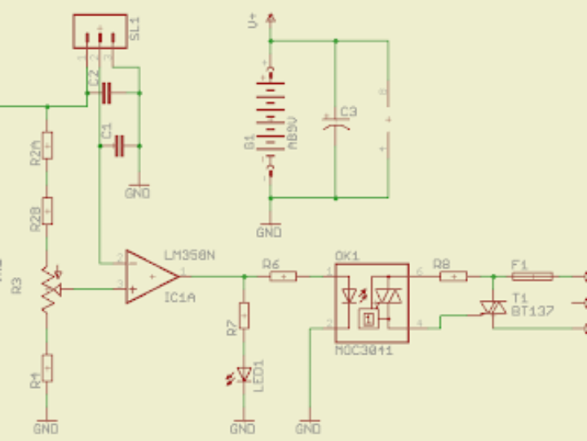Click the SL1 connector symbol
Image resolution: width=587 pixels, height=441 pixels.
click(x=99, y=32)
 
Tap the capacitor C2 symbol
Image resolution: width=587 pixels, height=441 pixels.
click(x=107, y=94)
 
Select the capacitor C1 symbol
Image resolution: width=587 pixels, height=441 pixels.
click(x=120, y=147)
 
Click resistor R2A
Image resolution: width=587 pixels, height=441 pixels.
click(x=47, y=147)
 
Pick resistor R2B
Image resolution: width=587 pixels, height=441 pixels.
click(x=47, y=211)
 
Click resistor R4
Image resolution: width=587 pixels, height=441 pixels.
click(x=47, y=369)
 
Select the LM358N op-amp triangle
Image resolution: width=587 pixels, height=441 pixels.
click(x=152, y=277)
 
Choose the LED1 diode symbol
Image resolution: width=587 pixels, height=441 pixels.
click(x=242, y=374)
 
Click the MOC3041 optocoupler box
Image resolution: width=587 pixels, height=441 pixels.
click(x=371, y=302)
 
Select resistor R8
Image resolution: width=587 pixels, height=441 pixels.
click(x=452, y=276)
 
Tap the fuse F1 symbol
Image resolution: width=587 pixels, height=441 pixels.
click(x=531, y=276)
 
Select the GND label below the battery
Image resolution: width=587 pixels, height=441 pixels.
click(x=269, y=232)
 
